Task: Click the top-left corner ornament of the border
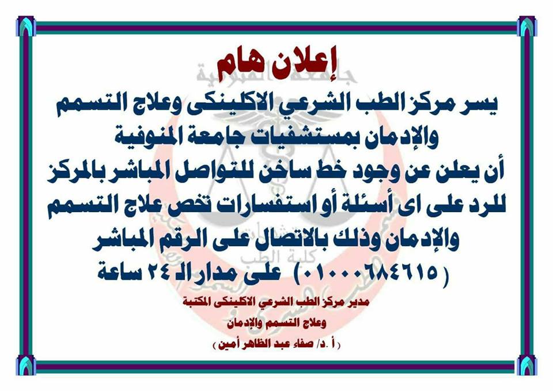26,27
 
